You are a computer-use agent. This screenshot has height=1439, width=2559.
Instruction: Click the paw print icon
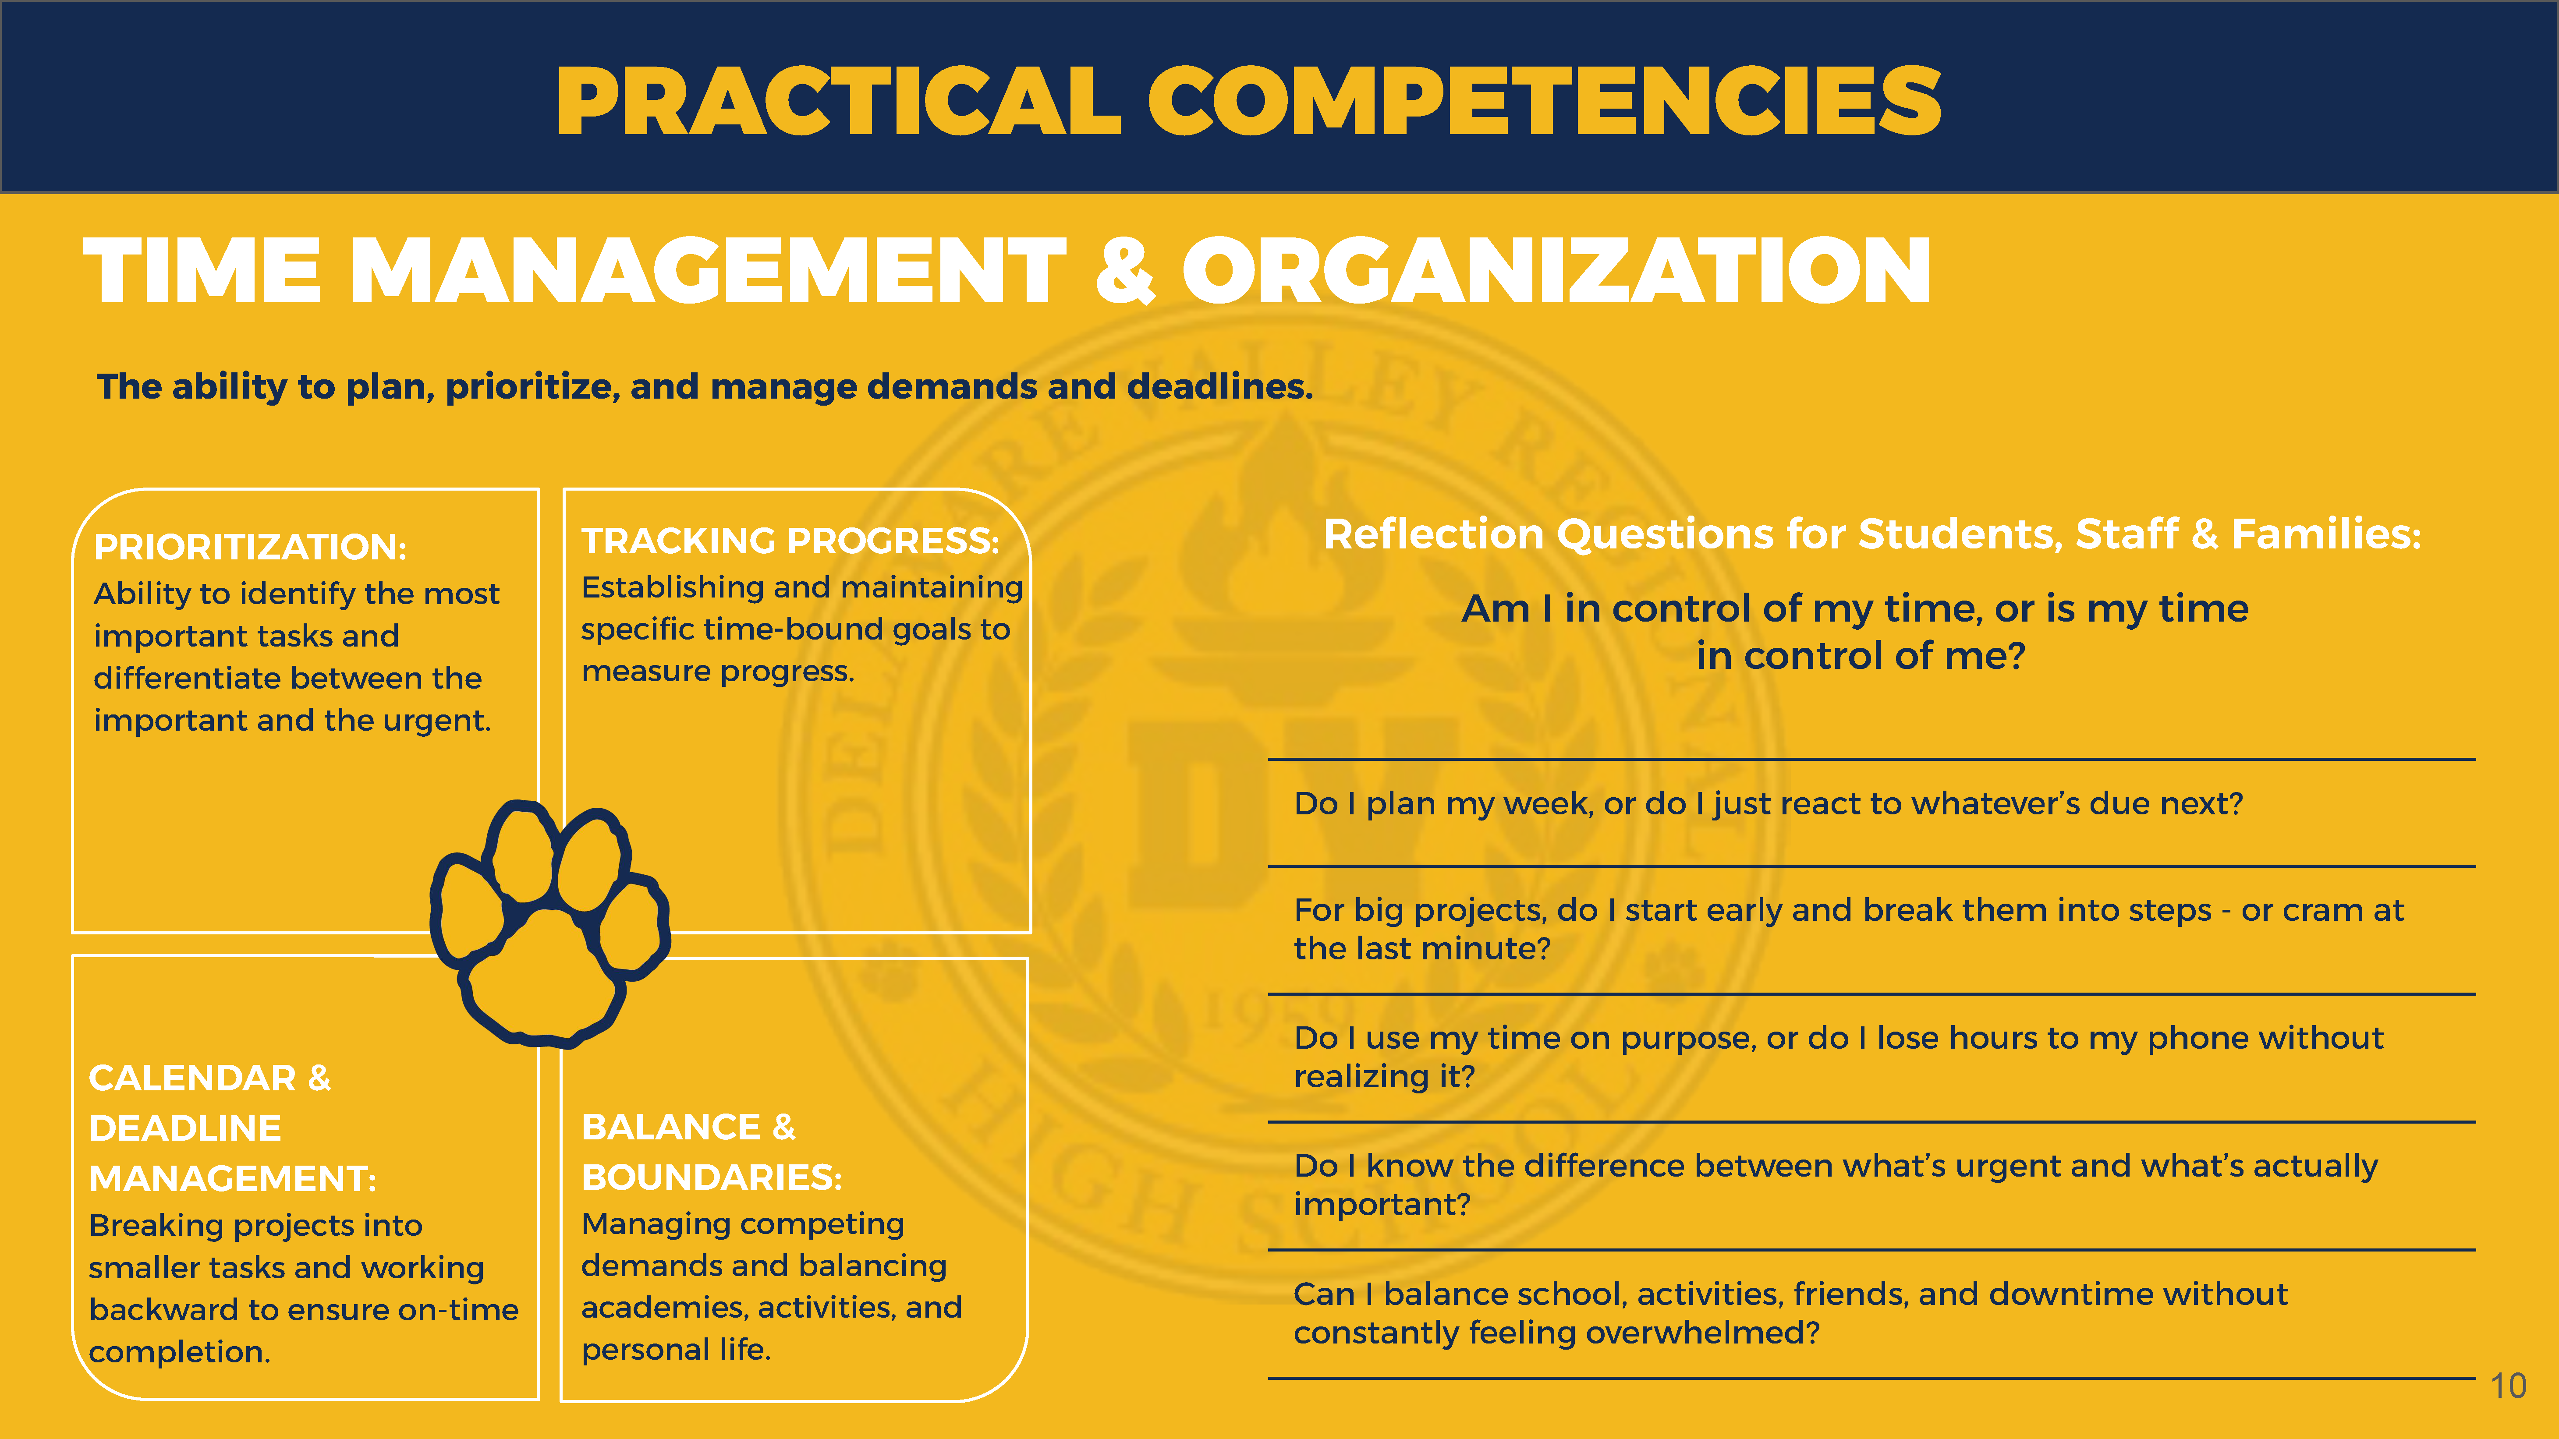549,923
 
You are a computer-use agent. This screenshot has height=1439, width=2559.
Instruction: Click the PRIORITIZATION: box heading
250,546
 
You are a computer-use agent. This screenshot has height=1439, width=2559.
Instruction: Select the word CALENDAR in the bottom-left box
193,1078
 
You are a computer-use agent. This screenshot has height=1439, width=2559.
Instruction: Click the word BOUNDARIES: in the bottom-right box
711,1177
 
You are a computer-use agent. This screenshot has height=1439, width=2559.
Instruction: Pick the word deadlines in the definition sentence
1220,386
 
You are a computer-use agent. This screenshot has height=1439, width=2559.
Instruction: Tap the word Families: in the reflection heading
2327,534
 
